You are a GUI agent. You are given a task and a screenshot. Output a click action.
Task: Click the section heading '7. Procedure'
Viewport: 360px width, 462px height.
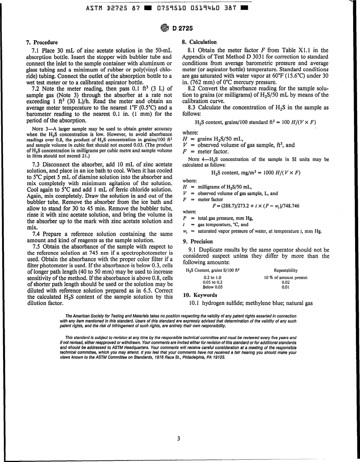click(x=42, y=42)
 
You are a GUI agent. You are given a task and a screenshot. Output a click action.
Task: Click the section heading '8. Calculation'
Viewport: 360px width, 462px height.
click(x=200, y=42)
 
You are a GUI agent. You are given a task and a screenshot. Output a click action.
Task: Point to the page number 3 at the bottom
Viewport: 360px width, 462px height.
click(x=178, y=439)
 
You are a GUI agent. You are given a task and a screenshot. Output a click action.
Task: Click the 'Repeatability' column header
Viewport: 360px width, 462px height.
click(x=285, y=270)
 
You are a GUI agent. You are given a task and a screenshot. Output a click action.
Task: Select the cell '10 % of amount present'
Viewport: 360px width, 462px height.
click(x=285, y=277)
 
